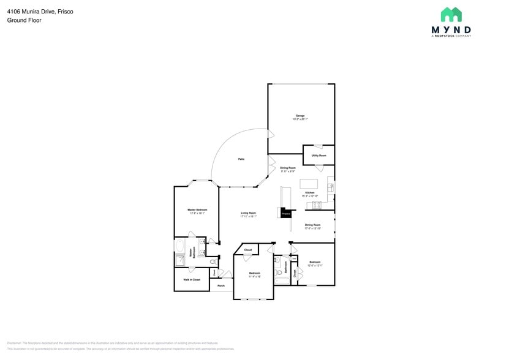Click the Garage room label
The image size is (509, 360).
300,116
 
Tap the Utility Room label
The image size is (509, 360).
319,156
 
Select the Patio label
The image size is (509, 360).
241,159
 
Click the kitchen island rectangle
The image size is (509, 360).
309,184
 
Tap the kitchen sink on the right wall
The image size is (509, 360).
331,187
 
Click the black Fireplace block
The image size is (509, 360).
285,213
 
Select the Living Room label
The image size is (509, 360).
248,214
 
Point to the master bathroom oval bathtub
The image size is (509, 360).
180,247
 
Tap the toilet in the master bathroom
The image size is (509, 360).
213,261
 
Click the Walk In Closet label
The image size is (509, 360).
191,279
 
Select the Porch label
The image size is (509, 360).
221,285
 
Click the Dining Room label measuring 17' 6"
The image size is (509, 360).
313,225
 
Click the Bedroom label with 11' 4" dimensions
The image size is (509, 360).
255,274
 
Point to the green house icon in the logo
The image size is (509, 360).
451,14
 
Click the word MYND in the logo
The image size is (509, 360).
451,29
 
